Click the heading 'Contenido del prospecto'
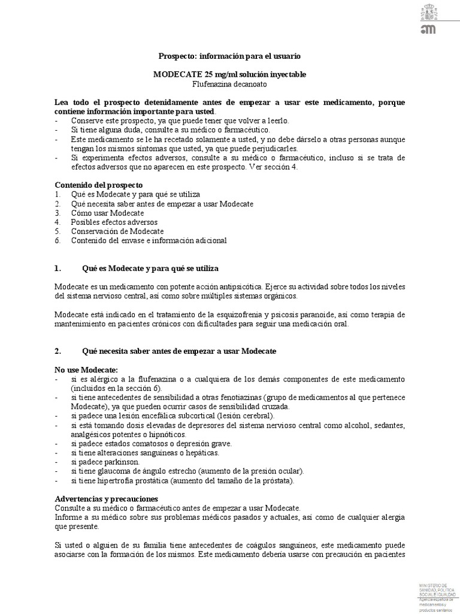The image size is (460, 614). (x=99, y=185)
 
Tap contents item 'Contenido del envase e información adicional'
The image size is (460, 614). (x=149, y=240)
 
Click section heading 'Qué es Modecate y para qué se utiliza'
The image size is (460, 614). (x=154, y=267)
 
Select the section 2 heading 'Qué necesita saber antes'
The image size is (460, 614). (x=178, y=350)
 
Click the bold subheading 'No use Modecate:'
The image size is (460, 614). (x=86, y=369)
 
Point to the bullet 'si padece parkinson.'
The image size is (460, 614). (x=105, y=462)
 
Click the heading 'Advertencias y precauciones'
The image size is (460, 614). (x=106, y=498)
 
